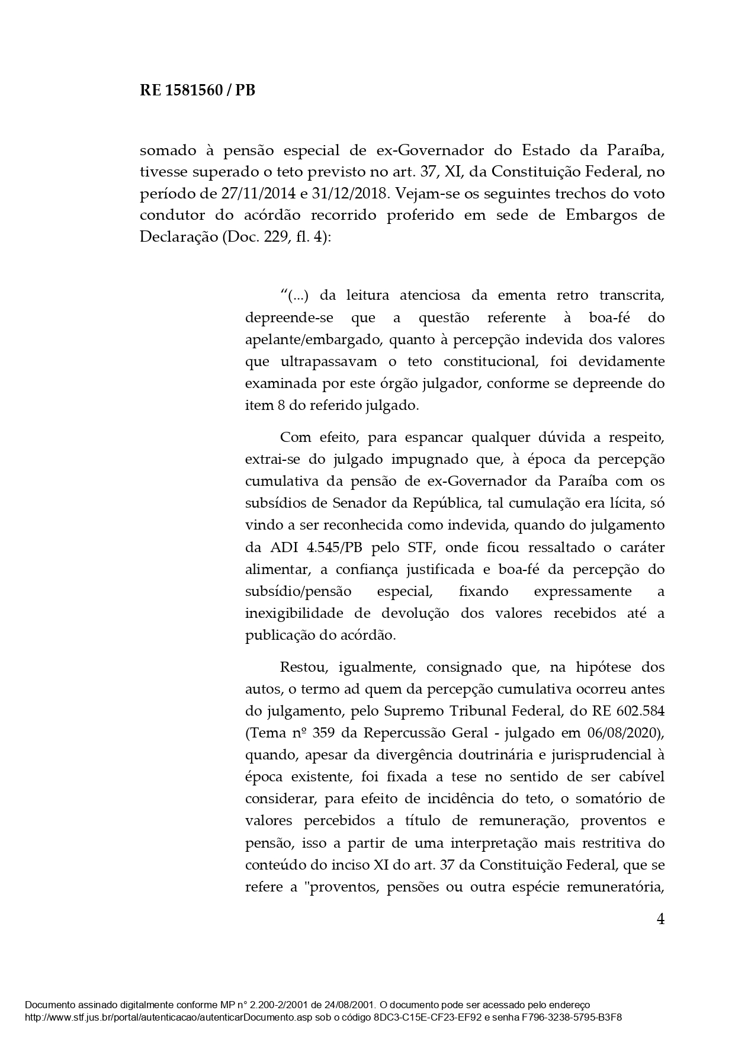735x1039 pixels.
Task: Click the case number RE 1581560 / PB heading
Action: (x=197, y=91)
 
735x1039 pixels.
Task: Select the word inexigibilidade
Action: (x=293, y=613)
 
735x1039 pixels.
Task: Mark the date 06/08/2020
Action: (x=621, y=733)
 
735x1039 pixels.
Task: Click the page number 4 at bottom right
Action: (x=660, y=919)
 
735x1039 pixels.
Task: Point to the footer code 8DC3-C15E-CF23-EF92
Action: (x=430, y=1017)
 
